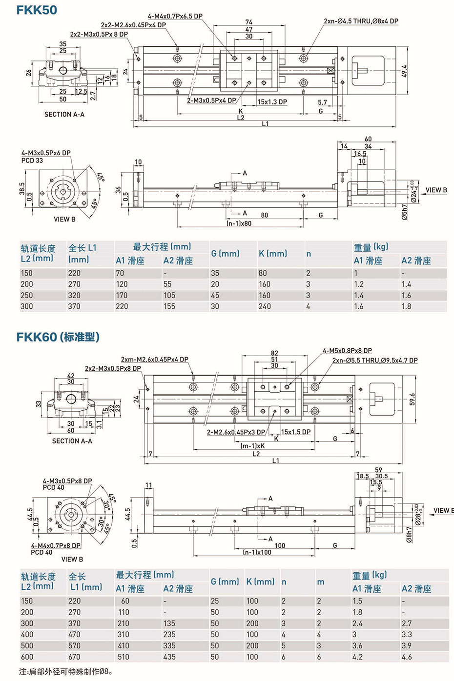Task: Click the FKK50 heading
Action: (37, 10)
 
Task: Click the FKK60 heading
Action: (58, 337)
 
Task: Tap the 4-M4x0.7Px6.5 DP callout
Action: (175, 16)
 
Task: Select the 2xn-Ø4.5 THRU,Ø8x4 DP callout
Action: (361, 21)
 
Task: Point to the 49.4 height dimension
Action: (404, 71)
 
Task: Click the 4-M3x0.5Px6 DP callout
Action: (46, 153)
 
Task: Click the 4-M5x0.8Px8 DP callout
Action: (347, 350)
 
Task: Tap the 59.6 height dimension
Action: (412, 399)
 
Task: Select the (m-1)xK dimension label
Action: (253, 445)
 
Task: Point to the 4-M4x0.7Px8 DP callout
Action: (56, 545)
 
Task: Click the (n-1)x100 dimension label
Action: (257, 552)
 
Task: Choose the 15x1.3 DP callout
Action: (272, 102)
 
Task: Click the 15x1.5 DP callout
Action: (295, 432)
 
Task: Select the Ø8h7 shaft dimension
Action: (409, 534)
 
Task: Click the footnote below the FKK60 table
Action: (66, 672)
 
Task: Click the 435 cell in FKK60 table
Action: (169, 657)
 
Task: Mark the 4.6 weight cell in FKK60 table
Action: (407, 657)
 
